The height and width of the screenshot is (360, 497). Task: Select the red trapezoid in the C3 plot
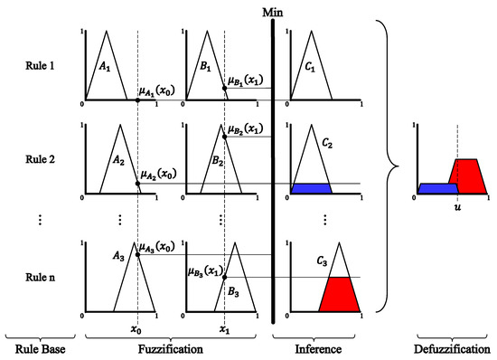(336, 294)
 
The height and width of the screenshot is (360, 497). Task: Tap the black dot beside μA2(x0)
(137, 184)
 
